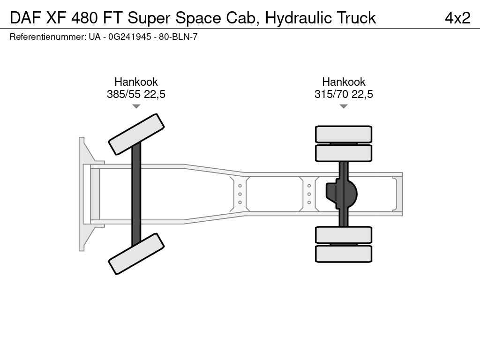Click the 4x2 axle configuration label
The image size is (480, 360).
[x=457, y=18]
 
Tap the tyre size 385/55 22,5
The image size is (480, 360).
[x=136, y=94]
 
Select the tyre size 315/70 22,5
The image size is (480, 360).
[x=344, y=94]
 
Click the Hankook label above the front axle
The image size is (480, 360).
[x=136, y=82]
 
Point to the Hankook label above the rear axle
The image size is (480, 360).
[x=344, y=82]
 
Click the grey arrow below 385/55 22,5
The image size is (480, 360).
[x=136, y=106]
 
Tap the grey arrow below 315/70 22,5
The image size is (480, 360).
[x=344, y=106]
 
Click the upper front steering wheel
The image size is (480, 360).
[x=136, y=135]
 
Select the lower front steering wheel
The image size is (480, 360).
[x=136, y=254]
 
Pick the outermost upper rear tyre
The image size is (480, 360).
[x=344, y=134]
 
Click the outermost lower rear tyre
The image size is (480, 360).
[x=344, y=254]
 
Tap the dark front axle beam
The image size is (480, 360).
[x=136, y=194]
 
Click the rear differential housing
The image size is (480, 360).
[x=342, y=194]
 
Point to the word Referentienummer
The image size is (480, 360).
[x=47, y=37]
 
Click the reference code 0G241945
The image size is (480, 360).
[x=130, y=37]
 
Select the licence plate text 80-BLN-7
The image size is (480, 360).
[x=178, y=37]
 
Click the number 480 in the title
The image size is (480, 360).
[x=85, y=18]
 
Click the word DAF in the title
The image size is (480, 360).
[x=25, y=18]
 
